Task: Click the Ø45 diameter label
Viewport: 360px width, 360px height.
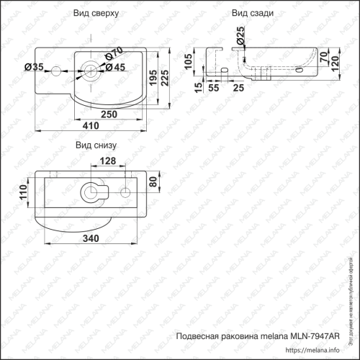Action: tap(115, 68)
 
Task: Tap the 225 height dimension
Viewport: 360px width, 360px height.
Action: tap(166, 77)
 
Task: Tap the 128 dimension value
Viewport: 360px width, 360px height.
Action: tap(107, 161)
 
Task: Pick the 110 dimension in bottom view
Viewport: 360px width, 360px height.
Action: tap(24, 192)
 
